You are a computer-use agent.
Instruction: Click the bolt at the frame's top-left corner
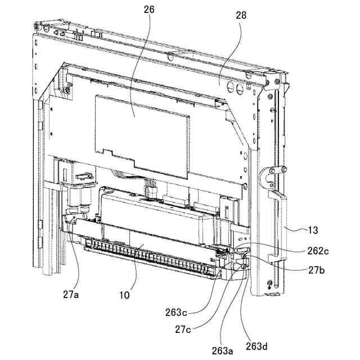37,26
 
